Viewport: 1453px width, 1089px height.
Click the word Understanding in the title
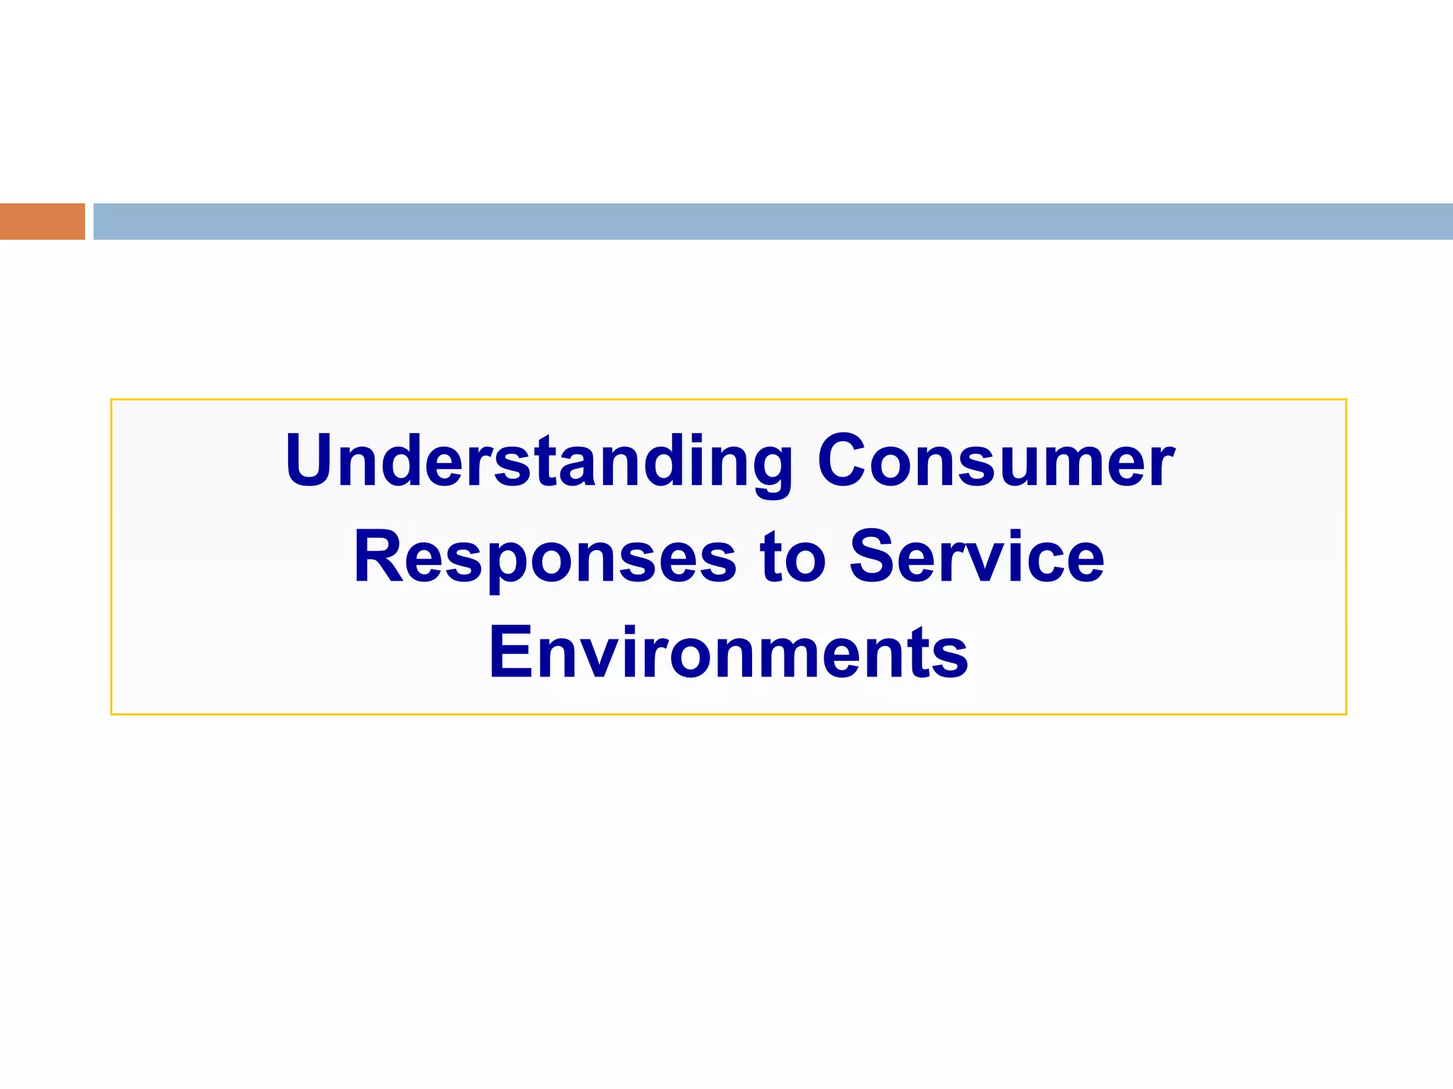[x=538, y=462]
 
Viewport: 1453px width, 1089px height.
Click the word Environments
[x=728, y=652]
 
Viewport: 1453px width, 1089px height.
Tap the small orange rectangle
[x=42, y=221]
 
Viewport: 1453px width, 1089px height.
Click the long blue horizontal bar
[x=773, y=221]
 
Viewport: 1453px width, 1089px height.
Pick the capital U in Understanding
[x=309, y=460]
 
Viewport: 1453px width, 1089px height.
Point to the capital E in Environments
[x=511, y=652]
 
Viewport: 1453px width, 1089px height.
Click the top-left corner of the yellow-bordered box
[x=112, y=401]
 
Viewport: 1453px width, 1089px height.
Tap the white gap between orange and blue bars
[x=89, y=221]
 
